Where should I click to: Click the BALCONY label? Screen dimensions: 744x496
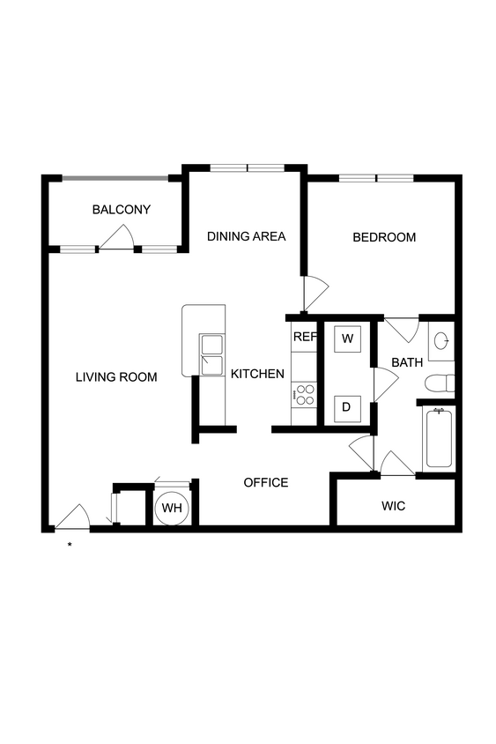(122, 210)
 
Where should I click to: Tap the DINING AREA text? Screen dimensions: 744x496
(247, 236)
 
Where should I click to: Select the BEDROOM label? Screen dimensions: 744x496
(384, 237)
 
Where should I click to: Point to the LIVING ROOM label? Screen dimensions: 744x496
(116, 377)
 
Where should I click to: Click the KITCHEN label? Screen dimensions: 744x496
(257, 374)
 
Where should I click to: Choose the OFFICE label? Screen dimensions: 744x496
(266, 482)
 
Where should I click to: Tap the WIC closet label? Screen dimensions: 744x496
(393, 507)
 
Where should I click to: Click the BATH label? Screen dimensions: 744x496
(407, 362)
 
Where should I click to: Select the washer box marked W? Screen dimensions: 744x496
(347, 339)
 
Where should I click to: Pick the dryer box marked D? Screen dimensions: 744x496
(347, 406)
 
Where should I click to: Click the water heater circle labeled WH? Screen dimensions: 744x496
(171, 509)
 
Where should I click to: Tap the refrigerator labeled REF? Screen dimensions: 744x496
(304, 337)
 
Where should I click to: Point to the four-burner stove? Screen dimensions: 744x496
(305, 394)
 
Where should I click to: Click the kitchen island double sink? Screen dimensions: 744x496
(212, 354)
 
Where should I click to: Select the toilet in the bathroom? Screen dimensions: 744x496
(439, 383)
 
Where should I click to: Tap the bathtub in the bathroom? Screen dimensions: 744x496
(438, 438)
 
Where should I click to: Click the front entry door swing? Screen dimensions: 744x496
(74, 517)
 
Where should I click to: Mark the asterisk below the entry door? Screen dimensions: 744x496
(70, 545)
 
